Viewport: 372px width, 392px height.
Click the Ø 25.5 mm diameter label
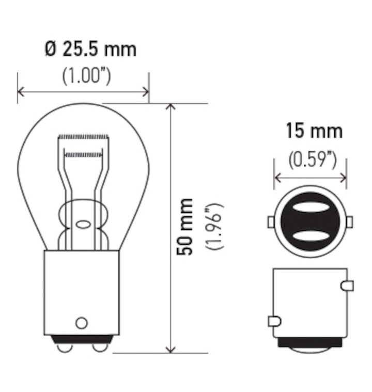pyautogui.click(x=90, y=50)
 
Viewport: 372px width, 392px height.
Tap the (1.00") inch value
pyautogui.click(x=86, y=76)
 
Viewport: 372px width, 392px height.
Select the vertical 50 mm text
pyautogui.click(x=185, y=227)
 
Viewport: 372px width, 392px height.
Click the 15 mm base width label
pyautogui.click(x=314, y=131)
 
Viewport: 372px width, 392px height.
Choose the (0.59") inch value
pyautogui.click(x=313, y=161)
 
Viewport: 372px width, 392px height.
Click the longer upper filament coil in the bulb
pyautogui.click(x=83, y=137)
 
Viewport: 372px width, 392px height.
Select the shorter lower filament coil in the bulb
pyautogui.click(x=83, y=154)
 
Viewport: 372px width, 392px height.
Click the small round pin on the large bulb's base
pyautogui.click(x=81, y=323)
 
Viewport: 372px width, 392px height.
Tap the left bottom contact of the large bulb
pyautogui.click(x=65, y=348)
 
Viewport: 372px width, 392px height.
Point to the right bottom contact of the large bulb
pyautogui.click(x=99, y=348)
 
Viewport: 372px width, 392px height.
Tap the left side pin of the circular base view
pyautogui.click(x=270, y=222)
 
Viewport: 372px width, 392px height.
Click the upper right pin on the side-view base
pyautogui.click(x=347, y=285)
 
